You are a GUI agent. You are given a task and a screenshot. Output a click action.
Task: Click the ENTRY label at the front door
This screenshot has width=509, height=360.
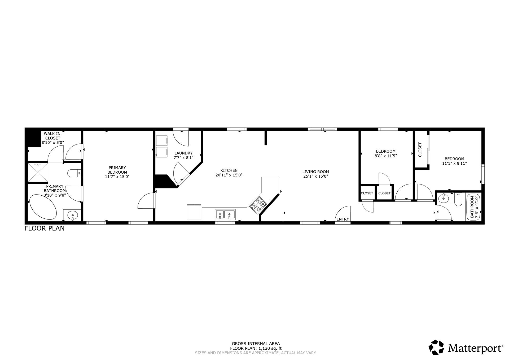343,219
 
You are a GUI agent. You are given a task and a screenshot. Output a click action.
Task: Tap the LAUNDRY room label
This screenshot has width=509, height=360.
183,153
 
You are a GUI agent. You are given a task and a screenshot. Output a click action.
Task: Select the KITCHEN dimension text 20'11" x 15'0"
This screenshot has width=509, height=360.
229,175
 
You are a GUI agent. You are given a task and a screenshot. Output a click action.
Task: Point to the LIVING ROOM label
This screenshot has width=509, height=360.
315,172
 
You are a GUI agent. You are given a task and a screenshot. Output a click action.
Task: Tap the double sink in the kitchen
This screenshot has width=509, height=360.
225,214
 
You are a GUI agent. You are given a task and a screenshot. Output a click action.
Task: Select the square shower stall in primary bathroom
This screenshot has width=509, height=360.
38,172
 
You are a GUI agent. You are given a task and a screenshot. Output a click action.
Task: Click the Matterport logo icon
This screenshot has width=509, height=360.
436,347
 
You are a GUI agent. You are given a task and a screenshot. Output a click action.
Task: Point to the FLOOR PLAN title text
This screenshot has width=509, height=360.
45,228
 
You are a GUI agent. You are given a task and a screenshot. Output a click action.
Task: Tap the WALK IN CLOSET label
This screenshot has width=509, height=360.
52,136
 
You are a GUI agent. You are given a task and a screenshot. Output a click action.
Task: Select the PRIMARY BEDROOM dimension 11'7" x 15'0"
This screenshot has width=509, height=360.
117,176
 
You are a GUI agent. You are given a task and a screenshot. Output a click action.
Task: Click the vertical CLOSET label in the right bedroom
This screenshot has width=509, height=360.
420,150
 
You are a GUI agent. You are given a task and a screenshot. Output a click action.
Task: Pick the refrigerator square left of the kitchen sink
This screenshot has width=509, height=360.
194,212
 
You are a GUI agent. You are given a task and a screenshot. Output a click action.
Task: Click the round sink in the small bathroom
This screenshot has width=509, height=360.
443,198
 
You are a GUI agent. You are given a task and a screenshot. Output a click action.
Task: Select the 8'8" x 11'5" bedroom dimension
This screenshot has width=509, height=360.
385,156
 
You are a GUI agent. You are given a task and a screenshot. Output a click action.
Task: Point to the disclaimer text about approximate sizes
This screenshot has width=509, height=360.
256,353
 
